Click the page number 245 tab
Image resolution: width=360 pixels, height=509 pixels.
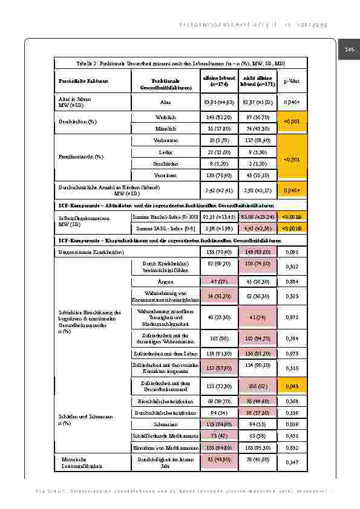tap(349, 49)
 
